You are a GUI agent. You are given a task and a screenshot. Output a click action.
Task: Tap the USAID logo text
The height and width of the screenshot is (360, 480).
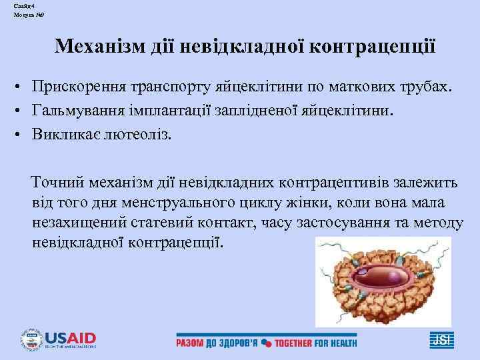pos(71,338)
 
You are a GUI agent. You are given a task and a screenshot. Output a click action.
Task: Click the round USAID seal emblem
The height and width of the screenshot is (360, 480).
pos(32,339)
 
